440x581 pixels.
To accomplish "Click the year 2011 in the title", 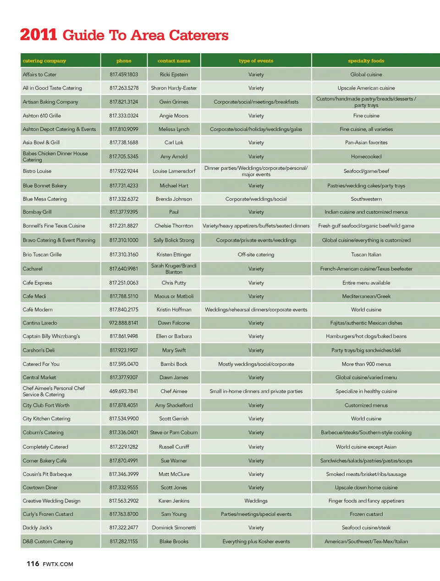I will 38,35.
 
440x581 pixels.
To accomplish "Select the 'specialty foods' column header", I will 366,61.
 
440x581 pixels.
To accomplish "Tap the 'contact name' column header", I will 174,61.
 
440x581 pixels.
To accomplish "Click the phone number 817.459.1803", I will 124,74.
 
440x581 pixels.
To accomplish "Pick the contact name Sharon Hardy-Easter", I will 174,88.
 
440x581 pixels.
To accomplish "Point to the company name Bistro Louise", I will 37,171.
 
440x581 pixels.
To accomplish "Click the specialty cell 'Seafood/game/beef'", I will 366,171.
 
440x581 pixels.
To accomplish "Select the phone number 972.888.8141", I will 124,323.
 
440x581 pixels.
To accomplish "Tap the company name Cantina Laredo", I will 40,323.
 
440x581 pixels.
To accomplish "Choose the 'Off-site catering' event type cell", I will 256,255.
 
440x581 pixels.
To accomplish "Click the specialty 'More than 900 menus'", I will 366,364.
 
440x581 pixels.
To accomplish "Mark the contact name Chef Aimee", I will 174,391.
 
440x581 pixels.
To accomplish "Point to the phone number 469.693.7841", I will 124,391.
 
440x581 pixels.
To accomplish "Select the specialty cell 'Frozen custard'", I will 366,514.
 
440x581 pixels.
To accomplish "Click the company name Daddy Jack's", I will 38,528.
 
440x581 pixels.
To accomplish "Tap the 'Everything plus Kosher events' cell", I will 256,542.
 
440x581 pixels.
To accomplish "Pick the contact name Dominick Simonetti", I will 174,528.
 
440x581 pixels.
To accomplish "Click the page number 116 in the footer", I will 33,564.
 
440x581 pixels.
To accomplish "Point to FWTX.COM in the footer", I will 58,564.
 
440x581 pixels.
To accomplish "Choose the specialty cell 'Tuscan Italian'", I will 366,255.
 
